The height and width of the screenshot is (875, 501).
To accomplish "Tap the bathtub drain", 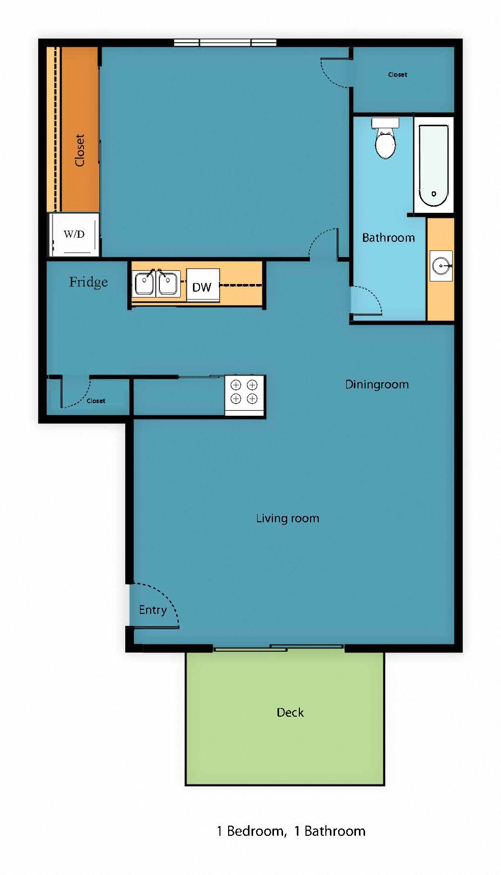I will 434,194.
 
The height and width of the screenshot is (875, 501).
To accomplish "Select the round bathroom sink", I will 440,265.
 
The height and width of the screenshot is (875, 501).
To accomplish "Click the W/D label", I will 74,235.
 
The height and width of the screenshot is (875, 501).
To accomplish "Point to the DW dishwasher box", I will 203,287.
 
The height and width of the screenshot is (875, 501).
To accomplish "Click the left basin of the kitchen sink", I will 144,284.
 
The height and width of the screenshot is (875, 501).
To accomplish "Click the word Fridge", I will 89,282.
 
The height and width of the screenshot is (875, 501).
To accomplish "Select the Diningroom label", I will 377,385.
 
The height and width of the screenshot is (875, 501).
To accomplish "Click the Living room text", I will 288,519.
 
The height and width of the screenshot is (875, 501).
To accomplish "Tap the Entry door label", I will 153,610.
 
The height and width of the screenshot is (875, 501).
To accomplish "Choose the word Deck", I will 290,713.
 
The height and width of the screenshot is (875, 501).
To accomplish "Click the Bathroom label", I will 388,238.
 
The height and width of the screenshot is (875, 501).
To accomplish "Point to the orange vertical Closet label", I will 79,150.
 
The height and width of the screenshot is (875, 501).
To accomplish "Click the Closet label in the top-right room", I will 398,75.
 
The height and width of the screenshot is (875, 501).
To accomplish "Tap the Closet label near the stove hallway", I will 96,401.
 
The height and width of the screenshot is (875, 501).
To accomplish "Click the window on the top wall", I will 225,43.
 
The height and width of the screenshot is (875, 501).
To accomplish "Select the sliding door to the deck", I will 278,648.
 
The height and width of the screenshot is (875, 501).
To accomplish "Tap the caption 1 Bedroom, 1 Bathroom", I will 291,831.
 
